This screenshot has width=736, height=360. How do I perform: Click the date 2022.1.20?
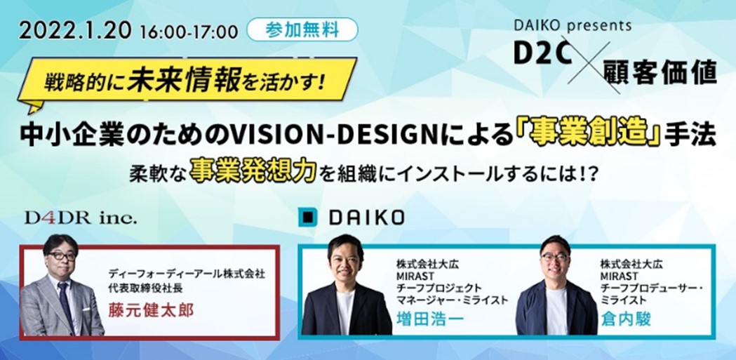tap(75, 31)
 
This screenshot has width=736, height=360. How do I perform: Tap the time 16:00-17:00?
tap(189, 32)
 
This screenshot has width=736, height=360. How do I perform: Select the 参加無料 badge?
tap(302, 30)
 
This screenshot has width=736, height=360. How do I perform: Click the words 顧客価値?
tap(660, 74)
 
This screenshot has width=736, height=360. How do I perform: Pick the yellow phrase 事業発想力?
tap(253, 175)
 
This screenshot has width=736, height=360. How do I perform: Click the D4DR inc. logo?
tap(81, 218)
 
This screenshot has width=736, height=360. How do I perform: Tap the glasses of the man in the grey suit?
tap(62, 256)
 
